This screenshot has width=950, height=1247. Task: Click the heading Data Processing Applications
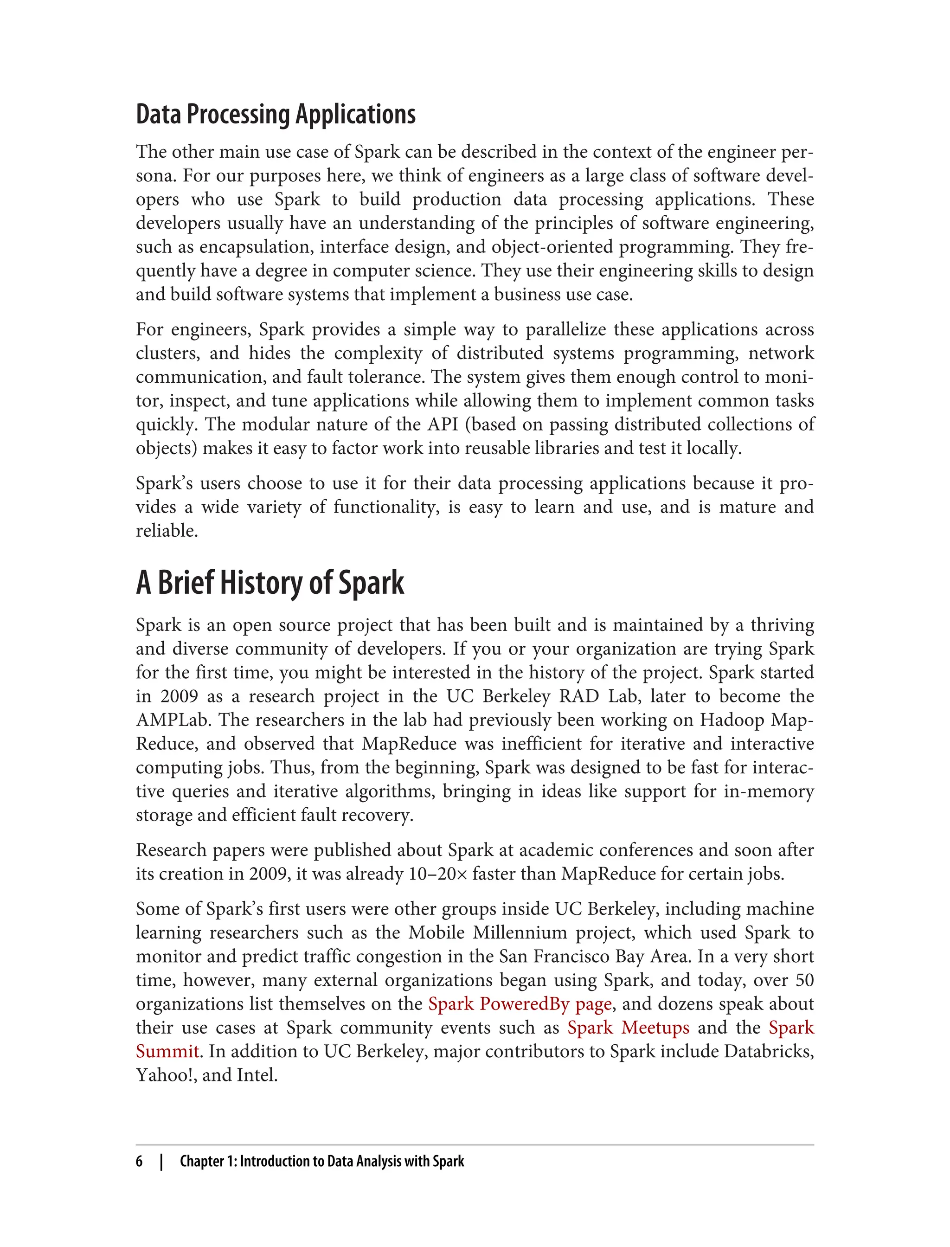pos(276,115)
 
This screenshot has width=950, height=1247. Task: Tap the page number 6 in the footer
pos(139,1161)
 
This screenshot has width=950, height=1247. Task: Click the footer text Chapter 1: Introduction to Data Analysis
pos(321,1161)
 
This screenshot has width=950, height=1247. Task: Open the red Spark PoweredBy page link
pos(520,1004)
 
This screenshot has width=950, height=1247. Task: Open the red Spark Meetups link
pos(628,1028)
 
